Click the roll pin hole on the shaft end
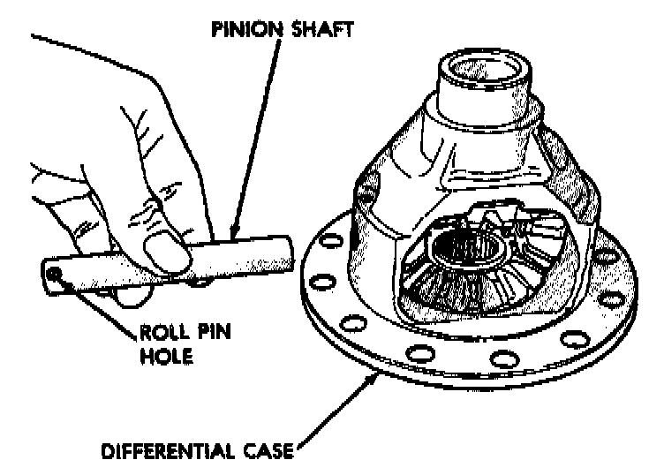pyautogui.click(x=55, y=276)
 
